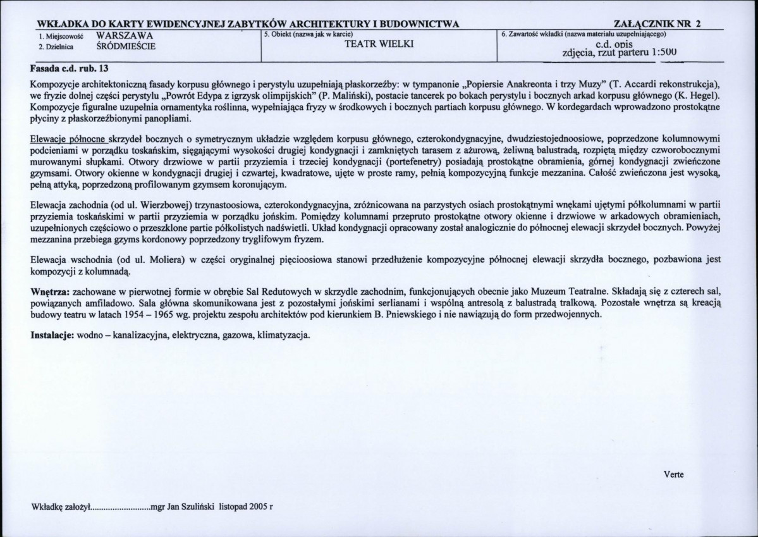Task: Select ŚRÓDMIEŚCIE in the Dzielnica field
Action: [126, 46]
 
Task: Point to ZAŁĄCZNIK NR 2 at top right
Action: [654, 24]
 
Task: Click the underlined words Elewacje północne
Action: [68, 139]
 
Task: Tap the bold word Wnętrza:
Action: [51, 292]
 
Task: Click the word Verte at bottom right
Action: [673, 474]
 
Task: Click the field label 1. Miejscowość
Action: [58, 37]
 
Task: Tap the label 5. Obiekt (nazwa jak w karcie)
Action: [308, 33]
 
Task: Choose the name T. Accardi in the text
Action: [632, 84]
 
